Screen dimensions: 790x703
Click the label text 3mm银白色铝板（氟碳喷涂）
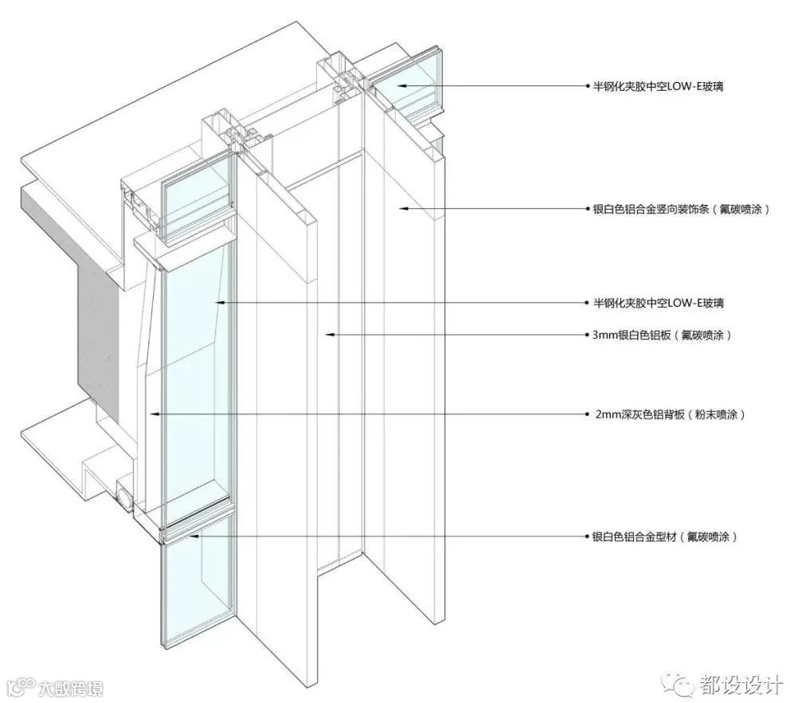coord(657,335)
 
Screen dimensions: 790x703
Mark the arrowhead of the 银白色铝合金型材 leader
coord(191,536)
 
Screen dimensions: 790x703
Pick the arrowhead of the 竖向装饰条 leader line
coord(402,209)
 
